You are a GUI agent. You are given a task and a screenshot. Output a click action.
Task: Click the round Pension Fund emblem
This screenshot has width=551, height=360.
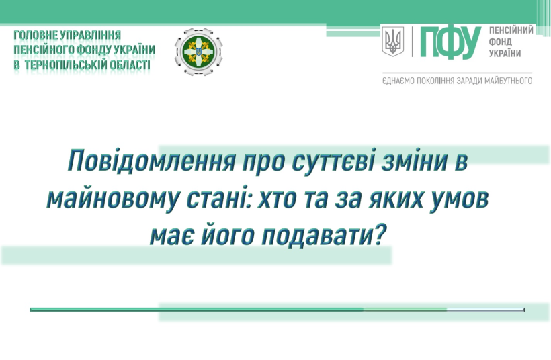pyautogui.click(x=198, y=52)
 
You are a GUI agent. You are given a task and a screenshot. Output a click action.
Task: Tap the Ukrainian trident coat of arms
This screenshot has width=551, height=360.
pyautogui.click(x=393, y=41)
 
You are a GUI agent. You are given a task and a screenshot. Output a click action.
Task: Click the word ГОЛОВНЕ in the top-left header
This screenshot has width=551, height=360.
pyautogui.click(x=36, y=35)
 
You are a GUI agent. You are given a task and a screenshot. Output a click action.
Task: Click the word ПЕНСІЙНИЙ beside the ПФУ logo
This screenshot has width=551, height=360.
pyautogui.click(x=511, y=30)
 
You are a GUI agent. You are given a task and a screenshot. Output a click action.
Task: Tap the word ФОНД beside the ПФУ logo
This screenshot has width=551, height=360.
pyautogui.click(x=501, y=42)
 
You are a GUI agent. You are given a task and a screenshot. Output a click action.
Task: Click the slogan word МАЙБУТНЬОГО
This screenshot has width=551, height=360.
pyautogui.click(x=508, y=81)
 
